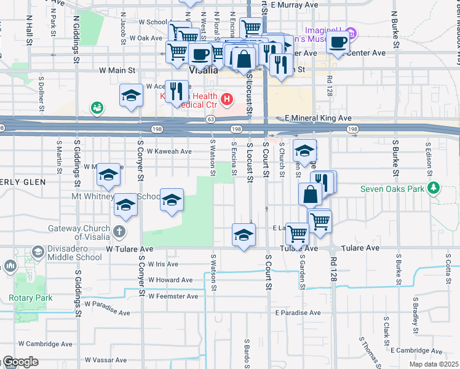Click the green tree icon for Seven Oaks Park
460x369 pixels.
click(x=434, y=188)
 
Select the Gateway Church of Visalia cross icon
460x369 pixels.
click(x=119, y=233)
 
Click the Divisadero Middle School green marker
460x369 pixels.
click(x=38, y=252)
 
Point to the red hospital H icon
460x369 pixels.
click(x=227, y=98)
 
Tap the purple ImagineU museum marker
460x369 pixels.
click(x=351, y=31)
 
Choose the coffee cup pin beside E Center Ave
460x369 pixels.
click(x=338, y=43)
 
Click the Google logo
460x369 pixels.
click(x=20, y=362)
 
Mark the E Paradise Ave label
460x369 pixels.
click(x=298, y=312)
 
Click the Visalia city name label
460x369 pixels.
click(x=203, y=70)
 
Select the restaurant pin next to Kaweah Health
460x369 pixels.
click(x=176, y=92)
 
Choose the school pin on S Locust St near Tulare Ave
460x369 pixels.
click(x=244, y=236)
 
